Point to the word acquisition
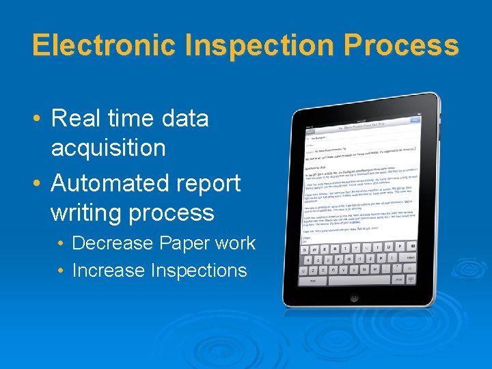pyautogui.click(x=108, y=148)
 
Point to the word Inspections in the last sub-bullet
pyautogui.click(x=198, y=271)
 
